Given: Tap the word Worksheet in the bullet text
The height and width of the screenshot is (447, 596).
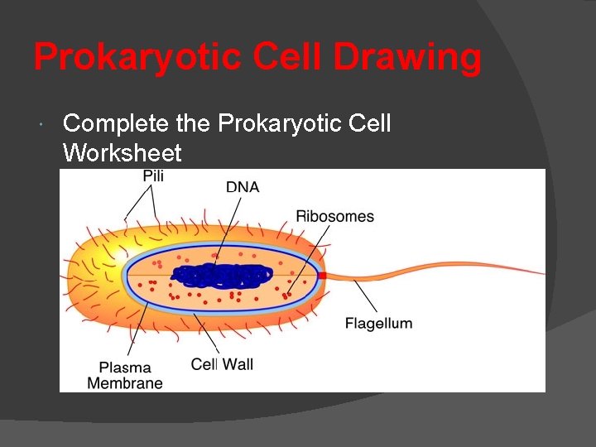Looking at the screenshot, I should click(x=122, y=153).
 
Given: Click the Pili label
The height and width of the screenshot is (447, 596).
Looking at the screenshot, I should click(x=153, y=175).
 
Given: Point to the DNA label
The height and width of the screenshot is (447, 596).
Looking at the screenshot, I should click(x=243, y=187).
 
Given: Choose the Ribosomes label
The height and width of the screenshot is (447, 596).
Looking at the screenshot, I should click(x=334, y=217).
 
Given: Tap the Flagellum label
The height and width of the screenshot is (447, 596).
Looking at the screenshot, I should click(x=378, y=323).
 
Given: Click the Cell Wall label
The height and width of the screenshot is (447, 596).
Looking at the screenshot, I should click(x=222, y=364).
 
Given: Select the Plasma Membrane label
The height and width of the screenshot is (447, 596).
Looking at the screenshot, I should click(x=125, y=375).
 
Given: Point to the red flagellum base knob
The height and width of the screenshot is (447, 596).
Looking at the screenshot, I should click(x=322, y=275).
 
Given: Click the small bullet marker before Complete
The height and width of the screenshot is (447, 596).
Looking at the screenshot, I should click(x=41, y=125).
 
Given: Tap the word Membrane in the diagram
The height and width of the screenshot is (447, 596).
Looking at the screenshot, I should click(x=125, y=383).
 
